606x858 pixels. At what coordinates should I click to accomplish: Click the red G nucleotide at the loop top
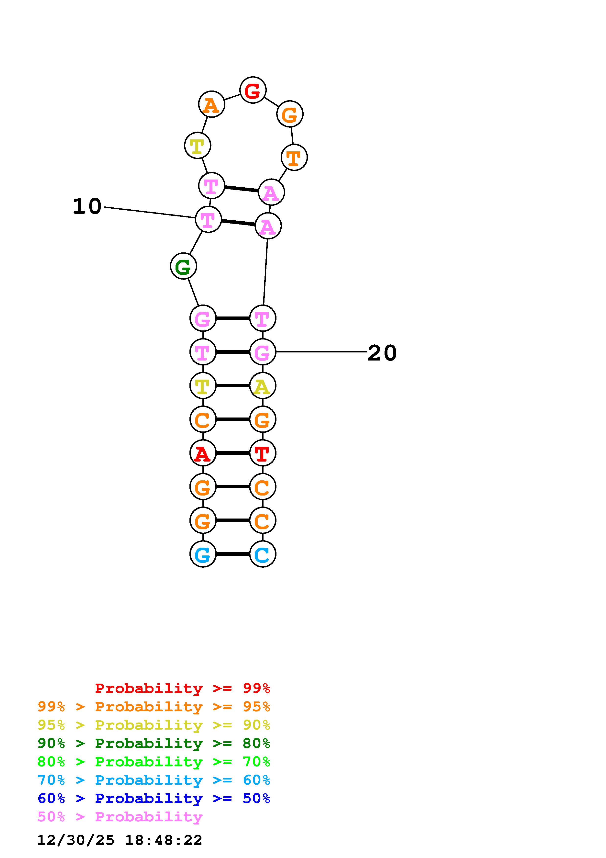[253, 90]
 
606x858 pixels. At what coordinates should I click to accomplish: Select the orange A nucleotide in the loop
[211, 104]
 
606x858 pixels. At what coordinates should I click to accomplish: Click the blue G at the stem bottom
[203, 554]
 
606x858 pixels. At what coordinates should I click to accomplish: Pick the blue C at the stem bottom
[263, 554]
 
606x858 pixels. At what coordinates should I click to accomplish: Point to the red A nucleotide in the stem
[203, 453]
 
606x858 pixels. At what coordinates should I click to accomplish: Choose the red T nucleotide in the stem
[263, 453]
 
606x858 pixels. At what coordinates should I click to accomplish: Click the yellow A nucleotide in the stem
[263, 386]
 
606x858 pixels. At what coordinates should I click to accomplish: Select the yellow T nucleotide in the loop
[198, 145]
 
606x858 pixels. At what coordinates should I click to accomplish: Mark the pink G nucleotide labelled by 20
[263, 352]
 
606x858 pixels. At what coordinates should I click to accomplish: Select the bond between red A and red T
[233, 453]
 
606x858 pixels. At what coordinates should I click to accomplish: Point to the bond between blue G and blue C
[233, 554]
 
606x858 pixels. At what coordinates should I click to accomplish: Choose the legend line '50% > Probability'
[120, 817]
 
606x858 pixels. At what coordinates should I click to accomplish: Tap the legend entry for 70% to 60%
[154, 780]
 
